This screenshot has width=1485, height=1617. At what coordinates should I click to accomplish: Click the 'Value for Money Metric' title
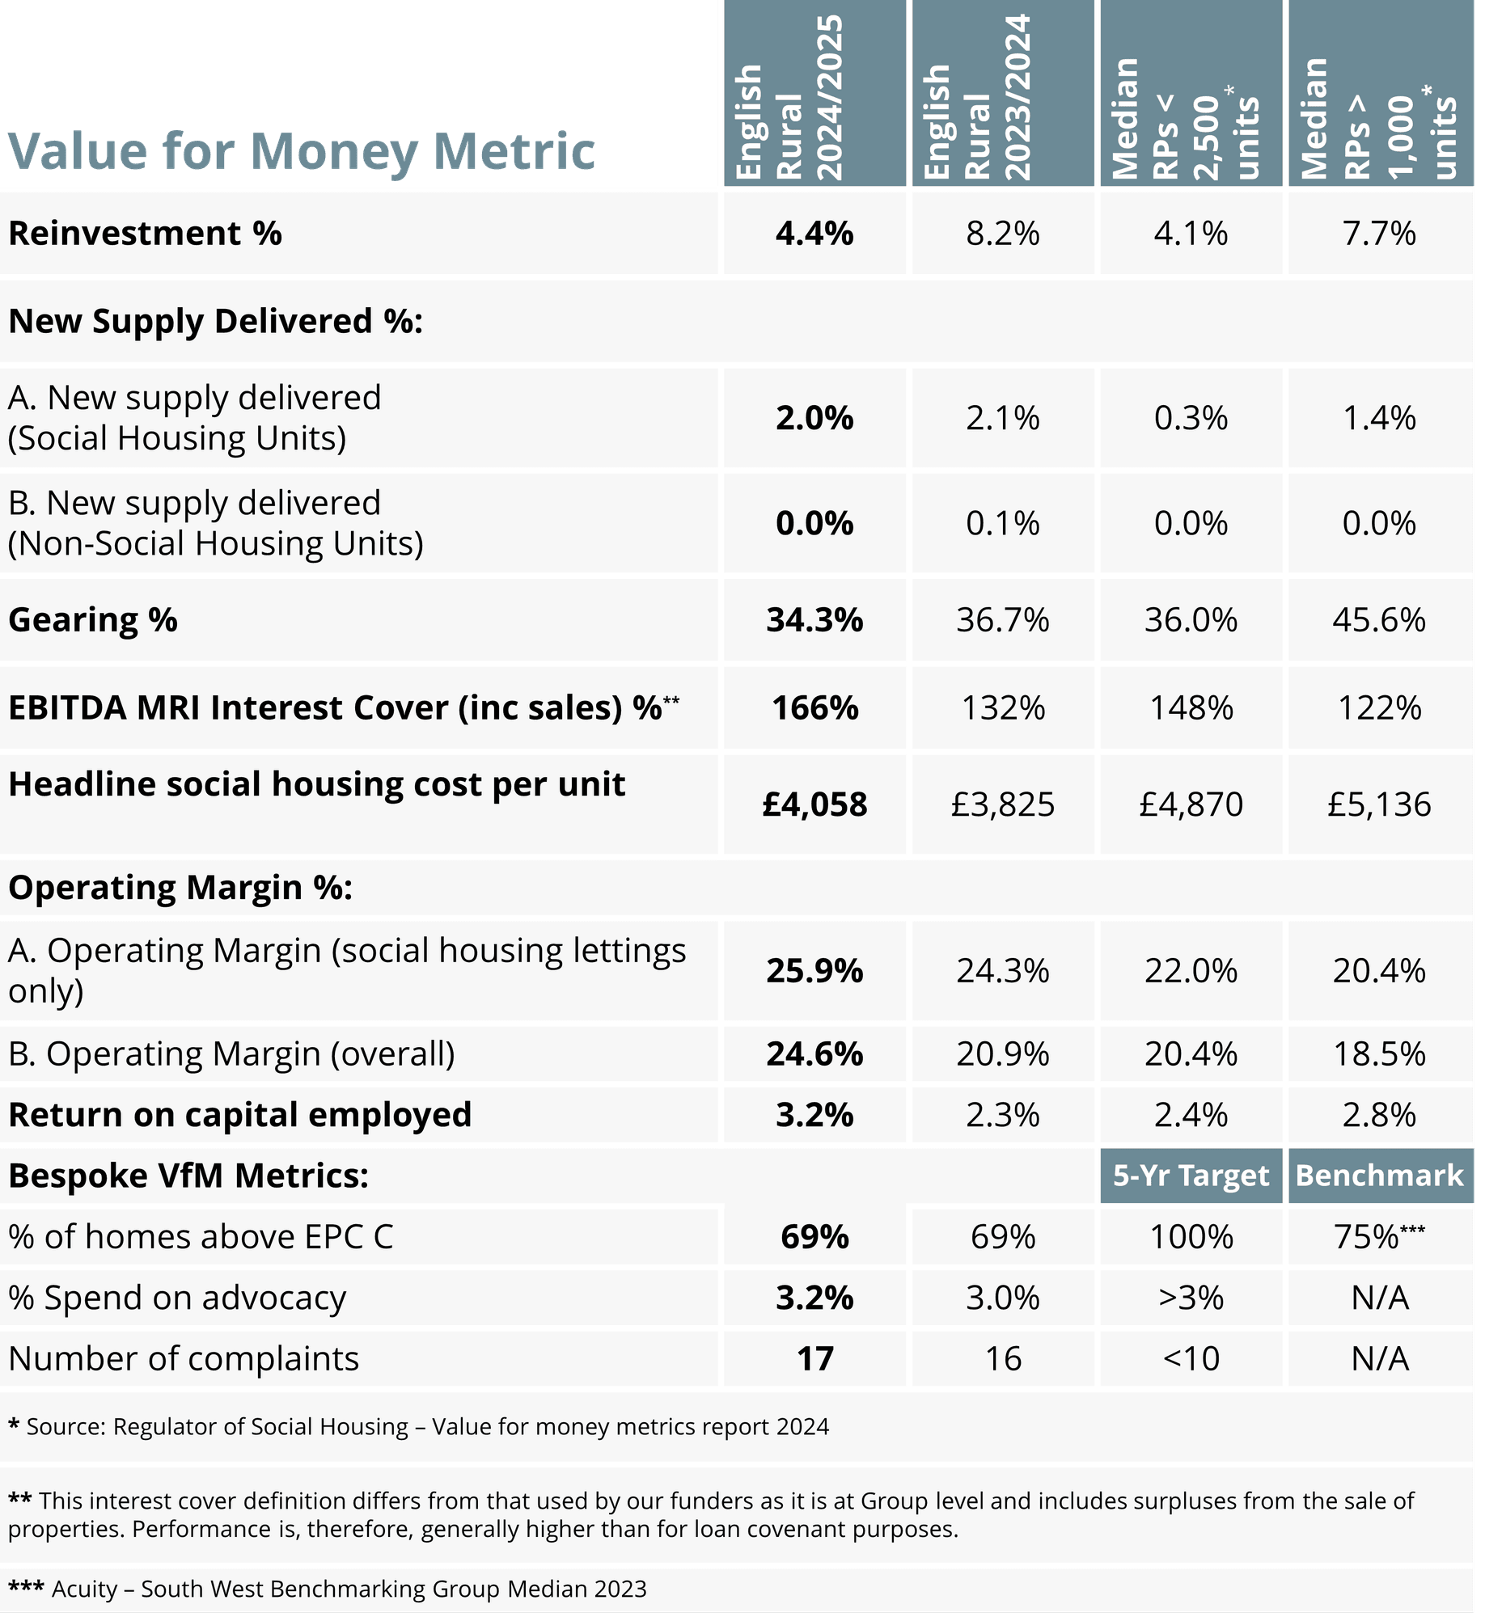[301, 151]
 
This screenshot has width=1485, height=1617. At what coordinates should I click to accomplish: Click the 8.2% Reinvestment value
[1003, 234]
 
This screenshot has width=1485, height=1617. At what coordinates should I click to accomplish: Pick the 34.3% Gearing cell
[814, 620]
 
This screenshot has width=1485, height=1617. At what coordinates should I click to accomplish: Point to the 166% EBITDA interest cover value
[814, 708]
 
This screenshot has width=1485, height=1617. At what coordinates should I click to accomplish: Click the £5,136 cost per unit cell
[1380, 804]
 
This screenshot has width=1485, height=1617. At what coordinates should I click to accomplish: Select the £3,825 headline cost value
[1003, 804]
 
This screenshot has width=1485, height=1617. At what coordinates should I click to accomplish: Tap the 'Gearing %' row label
[93, 620]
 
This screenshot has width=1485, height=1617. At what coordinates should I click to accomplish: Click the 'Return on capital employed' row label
[239, 1115]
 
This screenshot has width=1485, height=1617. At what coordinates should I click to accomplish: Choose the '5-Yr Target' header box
[1191, 1176]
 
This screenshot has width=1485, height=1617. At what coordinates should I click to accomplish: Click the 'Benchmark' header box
[1380, 1176]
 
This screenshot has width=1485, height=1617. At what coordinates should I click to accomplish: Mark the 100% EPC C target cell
[1191, 1237]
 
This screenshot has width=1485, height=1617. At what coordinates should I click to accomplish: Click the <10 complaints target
[1191, 1359]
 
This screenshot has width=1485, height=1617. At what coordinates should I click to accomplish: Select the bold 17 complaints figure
[814, 1359]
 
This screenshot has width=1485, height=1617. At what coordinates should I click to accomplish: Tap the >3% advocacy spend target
[1191, 1298]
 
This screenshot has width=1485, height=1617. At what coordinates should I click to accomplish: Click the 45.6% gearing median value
[1380, 620]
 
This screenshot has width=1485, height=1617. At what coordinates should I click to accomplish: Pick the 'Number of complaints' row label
[184, 1359]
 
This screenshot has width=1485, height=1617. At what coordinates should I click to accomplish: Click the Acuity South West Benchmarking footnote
[328, 1589]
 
